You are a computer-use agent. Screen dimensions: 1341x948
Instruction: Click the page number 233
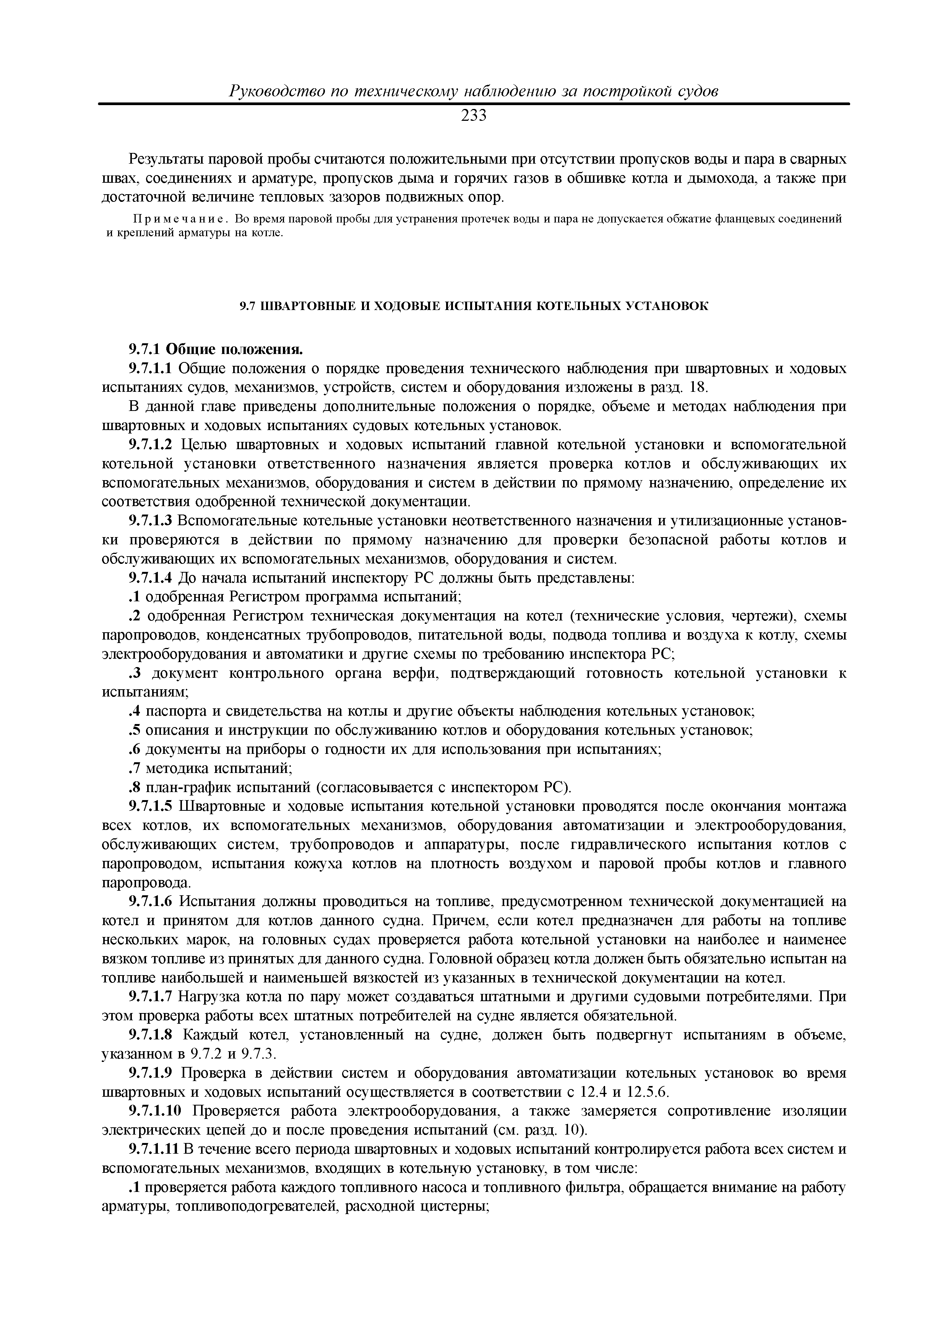point(474,116)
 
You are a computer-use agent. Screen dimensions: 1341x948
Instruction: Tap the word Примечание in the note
point(182,219)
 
